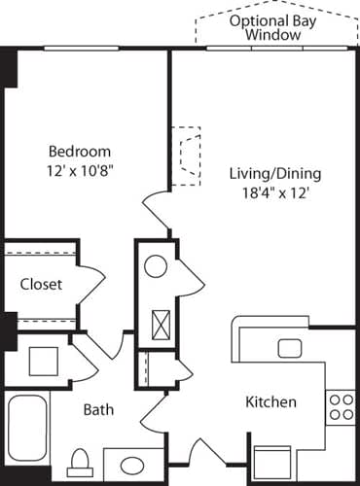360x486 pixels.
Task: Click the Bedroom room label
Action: click(81, 152)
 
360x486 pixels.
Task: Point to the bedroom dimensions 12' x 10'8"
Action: click(81, 169)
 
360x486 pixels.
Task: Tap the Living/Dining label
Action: click(275, 174)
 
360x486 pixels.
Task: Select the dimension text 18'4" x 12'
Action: click(275, 192)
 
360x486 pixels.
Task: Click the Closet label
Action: click(41, 285)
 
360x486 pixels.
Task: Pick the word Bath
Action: click(97, 410)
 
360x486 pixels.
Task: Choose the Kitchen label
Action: click(270, 401)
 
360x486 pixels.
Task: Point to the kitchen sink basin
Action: click(290, 348)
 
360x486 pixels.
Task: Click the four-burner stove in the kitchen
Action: click(341, 405)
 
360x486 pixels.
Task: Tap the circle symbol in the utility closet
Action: click(156, 264)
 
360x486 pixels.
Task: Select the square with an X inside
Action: click(157, 321)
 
